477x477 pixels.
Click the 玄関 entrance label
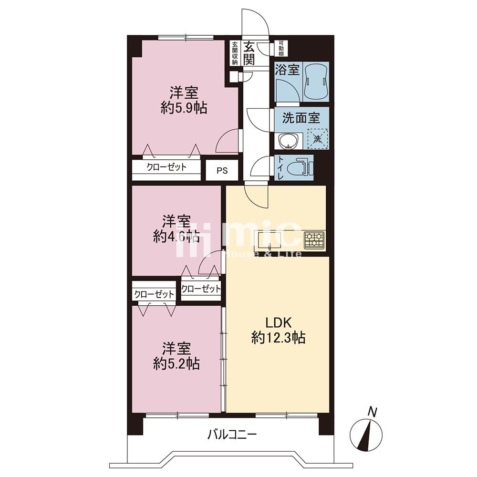click(249, 52)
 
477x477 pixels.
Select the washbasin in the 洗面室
click(288, 141)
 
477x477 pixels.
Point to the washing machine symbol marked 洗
click(317, 139)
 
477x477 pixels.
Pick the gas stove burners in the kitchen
click(314, 240)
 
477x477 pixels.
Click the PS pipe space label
click(222, 171)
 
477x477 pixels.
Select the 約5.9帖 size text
click(184, 108)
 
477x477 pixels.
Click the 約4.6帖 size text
click(176, 236)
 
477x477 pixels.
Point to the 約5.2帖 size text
click(176, 363)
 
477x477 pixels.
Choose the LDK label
click(279, 322)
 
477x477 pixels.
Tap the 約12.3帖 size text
click(279, 337)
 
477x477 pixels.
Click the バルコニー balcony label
click(232, 435)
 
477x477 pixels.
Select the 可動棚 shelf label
click(281, 48)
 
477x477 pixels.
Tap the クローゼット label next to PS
click(166, 167)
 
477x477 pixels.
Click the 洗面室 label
click(301, 118)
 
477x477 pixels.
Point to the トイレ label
click(280, 167)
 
